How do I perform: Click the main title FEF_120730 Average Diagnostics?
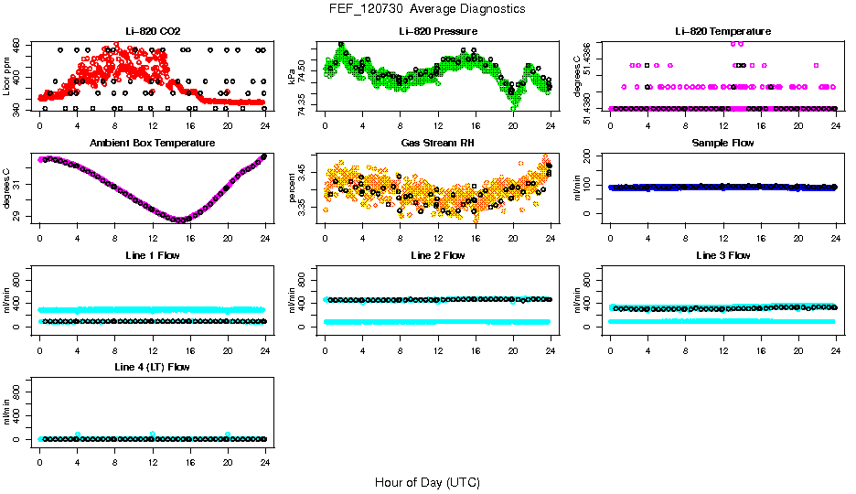coord(428,8)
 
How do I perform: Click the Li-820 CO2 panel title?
coord(153,31)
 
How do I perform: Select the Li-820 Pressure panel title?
coord(438,31)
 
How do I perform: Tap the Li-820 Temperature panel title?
coord(722,31)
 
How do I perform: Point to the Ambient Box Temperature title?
coord(153,143)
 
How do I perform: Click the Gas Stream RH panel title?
coord(438,143)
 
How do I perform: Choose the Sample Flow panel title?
coord(722,143)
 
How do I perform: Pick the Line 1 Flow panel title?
coord(153,255)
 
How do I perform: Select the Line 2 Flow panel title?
coord(438,255)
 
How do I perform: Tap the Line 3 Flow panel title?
coord(722,255)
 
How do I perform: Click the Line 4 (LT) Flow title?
coord(153,367)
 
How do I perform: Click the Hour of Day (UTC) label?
coord(427,482)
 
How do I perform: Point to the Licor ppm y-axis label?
coord(7,75)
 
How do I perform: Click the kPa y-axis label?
coord(293,75)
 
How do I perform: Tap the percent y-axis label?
coord(293,187)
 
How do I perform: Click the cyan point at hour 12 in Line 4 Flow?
coord(153,435)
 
